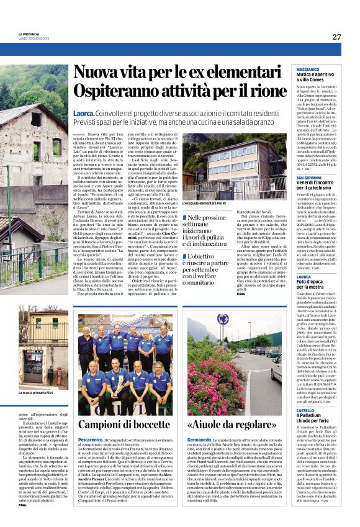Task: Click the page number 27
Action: pos(336,37)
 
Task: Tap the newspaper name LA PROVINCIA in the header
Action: pos(30,34)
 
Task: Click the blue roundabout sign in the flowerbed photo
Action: pos(219,320)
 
